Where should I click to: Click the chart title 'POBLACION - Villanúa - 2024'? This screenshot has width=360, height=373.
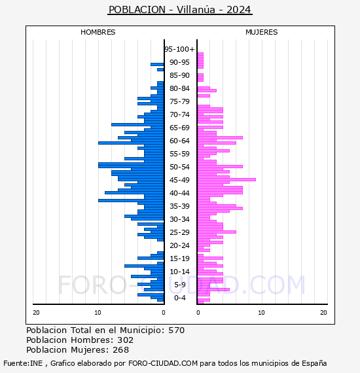point(179,10)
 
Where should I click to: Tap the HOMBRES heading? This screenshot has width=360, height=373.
point(98,32)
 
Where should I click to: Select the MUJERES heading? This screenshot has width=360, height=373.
point(262,32)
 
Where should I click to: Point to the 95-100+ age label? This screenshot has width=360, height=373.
point(179,49)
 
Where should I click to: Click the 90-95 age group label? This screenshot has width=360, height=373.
point(179,62)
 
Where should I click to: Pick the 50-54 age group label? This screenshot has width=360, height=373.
point(179,167)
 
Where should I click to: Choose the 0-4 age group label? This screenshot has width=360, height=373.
point(179,298)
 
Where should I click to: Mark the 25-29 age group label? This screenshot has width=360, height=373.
point(179,232)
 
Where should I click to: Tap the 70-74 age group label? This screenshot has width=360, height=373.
point(179,115)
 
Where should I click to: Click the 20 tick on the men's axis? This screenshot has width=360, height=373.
point(36,313)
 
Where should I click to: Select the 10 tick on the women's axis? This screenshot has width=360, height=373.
point(262,313)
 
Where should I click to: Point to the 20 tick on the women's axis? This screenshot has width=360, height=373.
point(323,313)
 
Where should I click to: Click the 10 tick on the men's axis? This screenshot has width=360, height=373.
point(98,313)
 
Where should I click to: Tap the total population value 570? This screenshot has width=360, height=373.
point(177,330)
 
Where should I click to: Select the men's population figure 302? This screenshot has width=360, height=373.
point(126,340)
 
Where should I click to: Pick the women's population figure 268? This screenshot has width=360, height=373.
point(121,350)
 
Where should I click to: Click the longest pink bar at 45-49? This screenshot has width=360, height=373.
point(226,179)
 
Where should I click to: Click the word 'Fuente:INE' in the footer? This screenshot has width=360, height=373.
point(23,363)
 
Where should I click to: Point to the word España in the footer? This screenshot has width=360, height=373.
point(314,364)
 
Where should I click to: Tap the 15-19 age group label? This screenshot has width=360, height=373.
point(179,258)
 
